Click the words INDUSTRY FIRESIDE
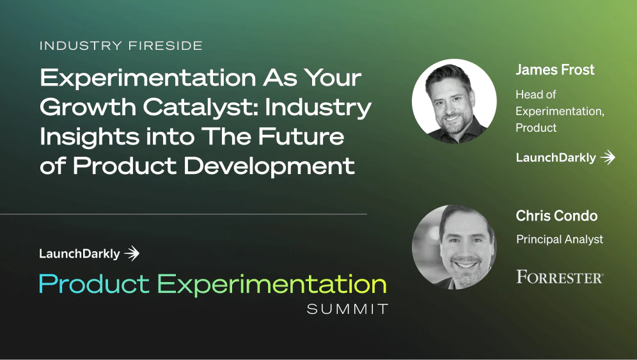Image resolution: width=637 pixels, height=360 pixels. pyautogui.click(x=121, y=46)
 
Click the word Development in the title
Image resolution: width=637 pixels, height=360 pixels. pyautogui.click(x=269, y=166)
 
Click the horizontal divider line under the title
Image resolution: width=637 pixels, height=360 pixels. pyautogui.click(x=184, y=214)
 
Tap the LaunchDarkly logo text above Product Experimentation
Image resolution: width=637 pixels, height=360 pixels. pyautogui.click(x=79, y=254)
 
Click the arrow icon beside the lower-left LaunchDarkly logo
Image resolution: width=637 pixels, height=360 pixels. pyautogui.click(x=132, y=254)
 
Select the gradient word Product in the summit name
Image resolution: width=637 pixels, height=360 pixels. pyautogui.click(x=94, y=283)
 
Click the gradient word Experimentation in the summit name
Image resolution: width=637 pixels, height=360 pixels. pyautogui.click(x=272, y=284)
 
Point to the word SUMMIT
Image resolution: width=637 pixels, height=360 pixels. pyautogui.click(x=347, y=309)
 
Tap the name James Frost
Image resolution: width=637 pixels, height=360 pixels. pyautogui.click(x=554, y=70)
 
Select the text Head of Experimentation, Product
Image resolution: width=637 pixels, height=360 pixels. pyautogui.click(x=560, y=111)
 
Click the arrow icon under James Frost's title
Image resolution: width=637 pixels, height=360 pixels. pyautogui.click(x=608, y=157)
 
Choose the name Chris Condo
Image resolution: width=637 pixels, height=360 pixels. pyautogui.click(x=556, y=216)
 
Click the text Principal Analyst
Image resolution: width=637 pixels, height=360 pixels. pyautogui.click(x=560, y=240)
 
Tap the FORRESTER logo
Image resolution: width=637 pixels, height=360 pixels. pyautogui.click(x=560, y=277)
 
